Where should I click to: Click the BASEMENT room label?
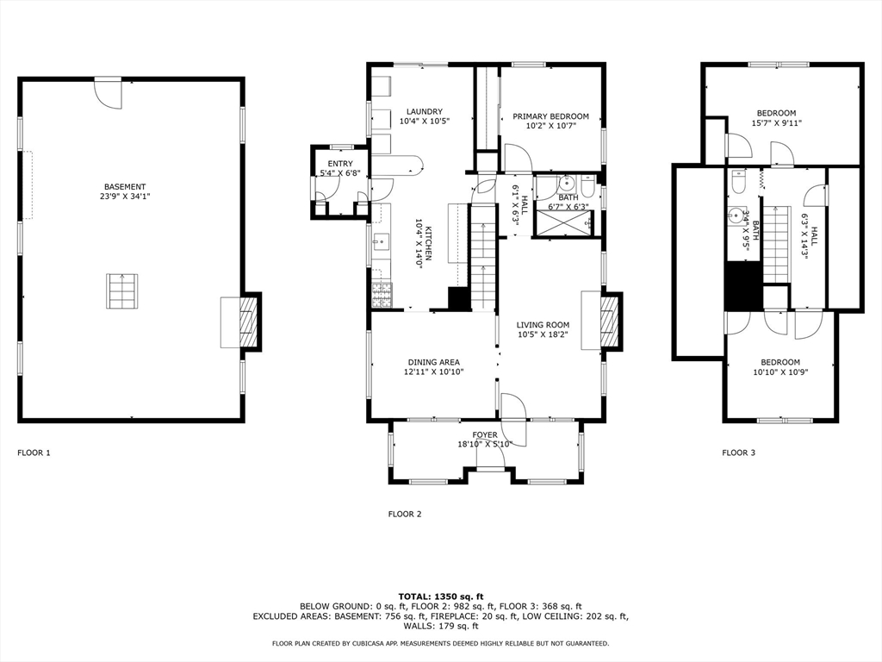point(125,187)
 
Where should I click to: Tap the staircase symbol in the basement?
point(121,290)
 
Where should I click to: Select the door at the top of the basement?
point(108,92)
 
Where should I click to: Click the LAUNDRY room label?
point(425,111)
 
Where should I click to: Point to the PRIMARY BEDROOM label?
point(550,116)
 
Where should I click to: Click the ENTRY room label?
point(339,164)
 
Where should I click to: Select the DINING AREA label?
point(433,362)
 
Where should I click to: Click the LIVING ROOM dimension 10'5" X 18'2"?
point(543,334)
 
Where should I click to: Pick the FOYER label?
point(485,434)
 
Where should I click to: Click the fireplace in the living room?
point(609,322)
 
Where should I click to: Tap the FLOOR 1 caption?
point(34,453)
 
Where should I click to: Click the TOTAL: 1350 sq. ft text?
point(441,596)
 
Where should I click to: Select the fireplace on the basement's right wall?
point(247,322)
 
